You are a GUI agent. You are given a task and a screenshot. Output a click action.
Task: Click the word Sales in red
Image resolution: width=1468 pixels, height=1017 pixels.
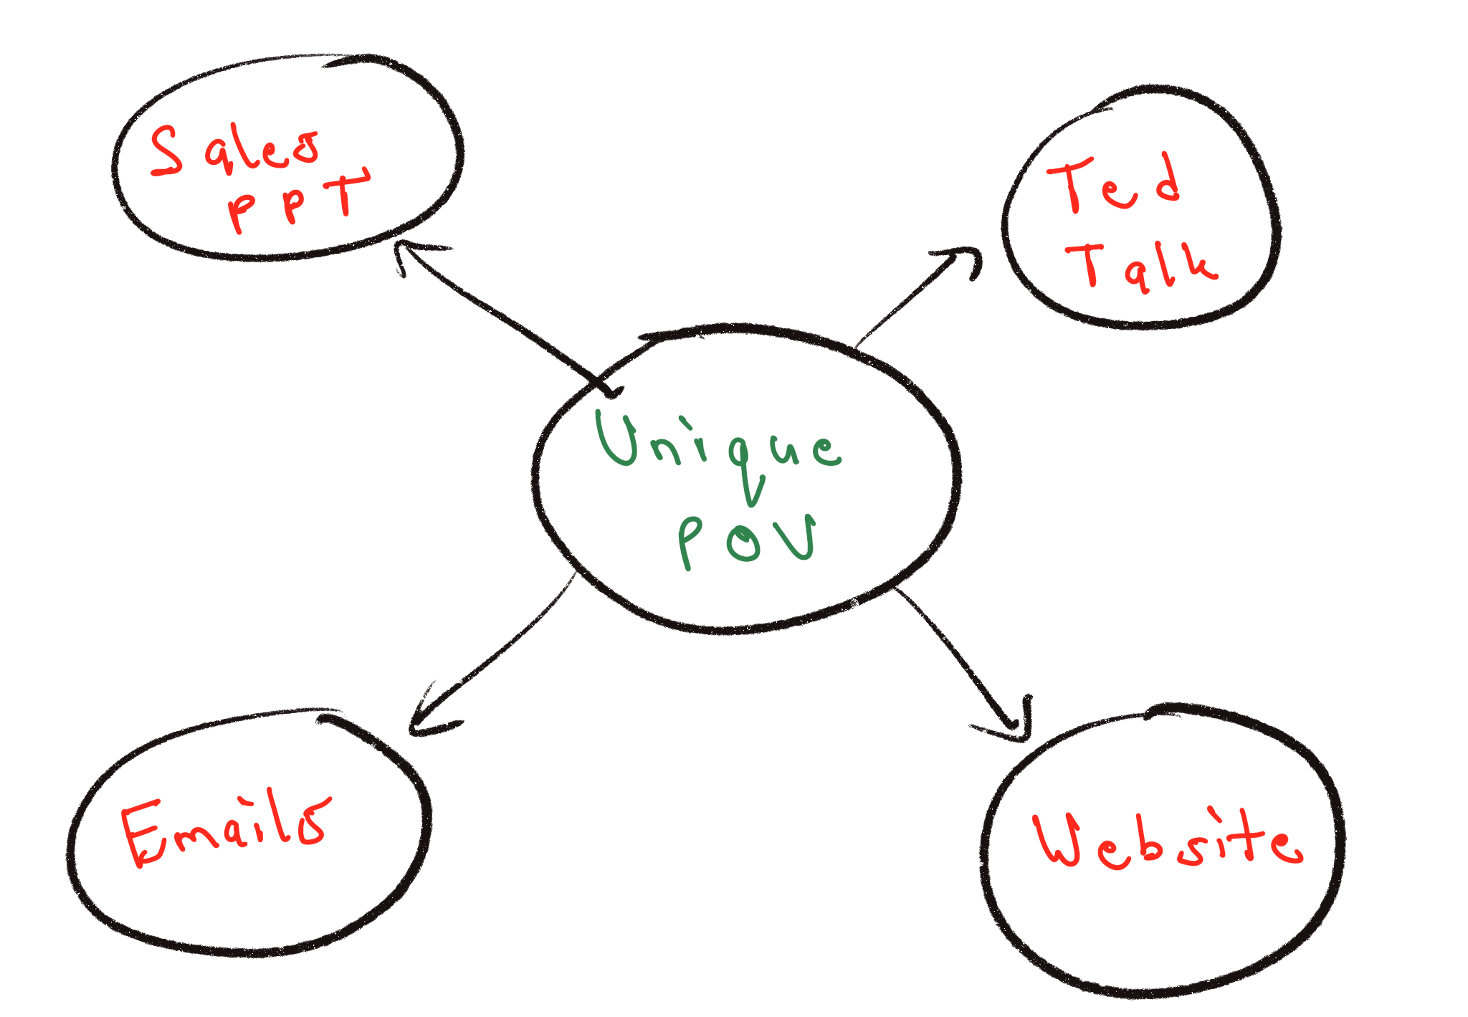[235, 149]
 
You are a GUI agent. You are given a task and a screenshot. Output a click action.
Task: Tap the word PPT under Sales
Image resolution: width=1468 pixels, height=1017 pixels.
[297, 201]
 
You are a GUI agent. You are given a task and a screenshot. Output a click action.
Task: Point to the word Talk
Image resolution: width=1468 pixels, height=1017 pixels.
[1142, 266]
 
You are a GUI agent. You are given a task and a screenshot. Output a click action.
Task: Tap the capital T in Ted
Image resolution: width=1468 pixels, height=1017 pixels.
[1069, 184]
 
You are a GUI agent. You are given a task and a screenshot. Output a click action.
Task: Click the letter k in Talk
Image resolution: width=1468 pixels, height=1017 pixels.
[1198, 264]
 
